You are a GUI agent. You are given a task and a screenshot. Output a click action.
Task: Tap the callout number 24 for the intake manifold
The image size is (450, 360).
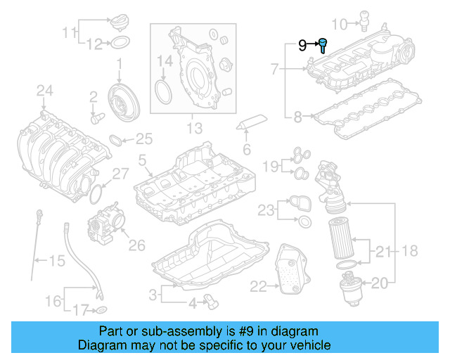pos(44,90)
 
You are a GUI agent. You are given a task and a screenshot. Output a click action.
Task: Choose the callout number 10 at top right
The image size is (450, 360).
pos(338,25)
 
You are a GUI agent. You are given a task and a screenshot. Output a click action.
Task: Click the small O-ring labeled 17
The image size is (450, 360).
pos(102,309)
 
